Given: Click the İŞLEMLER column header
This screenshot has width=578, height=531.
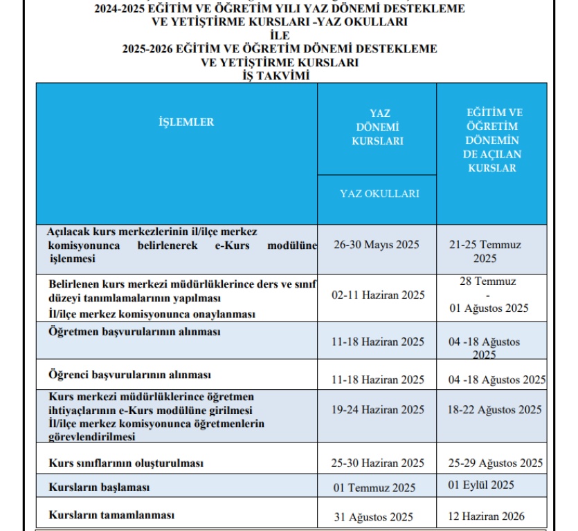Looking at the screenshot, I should [186, 122].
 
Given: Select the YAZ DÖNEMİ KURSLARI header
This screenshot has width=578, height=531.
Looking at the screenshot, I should [377, 127].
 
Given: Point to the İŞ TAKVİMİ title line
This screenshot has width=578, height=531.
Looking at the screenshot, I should [280, 75].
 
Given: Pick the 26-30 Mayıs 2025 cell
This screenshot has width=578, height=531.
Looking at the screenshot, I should [377, 245].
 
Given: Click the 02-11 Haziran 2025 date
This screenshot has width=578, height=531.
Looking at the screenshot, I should [378, 295].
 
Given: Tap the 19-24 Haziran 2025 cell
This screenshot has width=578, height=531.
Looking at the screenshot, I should [378, 410].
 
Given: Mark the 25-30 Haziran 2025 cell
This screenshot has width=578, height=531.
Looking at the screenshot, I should [378, 463].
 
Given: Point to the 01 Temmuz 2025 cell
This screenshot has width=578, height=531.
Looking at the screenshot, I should [374, 488].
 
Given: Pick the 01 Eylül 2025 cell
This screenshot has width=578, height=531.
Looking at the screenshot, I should [481, 485].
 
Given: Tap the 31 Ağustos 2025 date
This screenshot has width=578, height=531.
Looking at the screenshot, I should [373, 516].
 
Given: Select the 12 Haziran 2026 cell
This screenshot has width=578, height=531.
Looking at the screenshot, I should [486, 516].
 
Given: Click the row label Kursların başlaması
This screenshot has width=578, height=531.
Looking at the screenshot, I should [99, 487].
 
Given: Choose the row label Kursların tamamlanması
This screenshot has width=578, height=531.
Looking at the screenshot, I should [111, 515].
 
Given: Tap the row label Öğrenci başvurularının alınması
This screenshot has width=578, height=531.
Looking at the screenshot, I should [129, 375].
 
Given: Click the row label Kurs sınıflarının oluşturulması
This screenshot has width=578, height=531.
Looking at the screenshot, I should [126, 463].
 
